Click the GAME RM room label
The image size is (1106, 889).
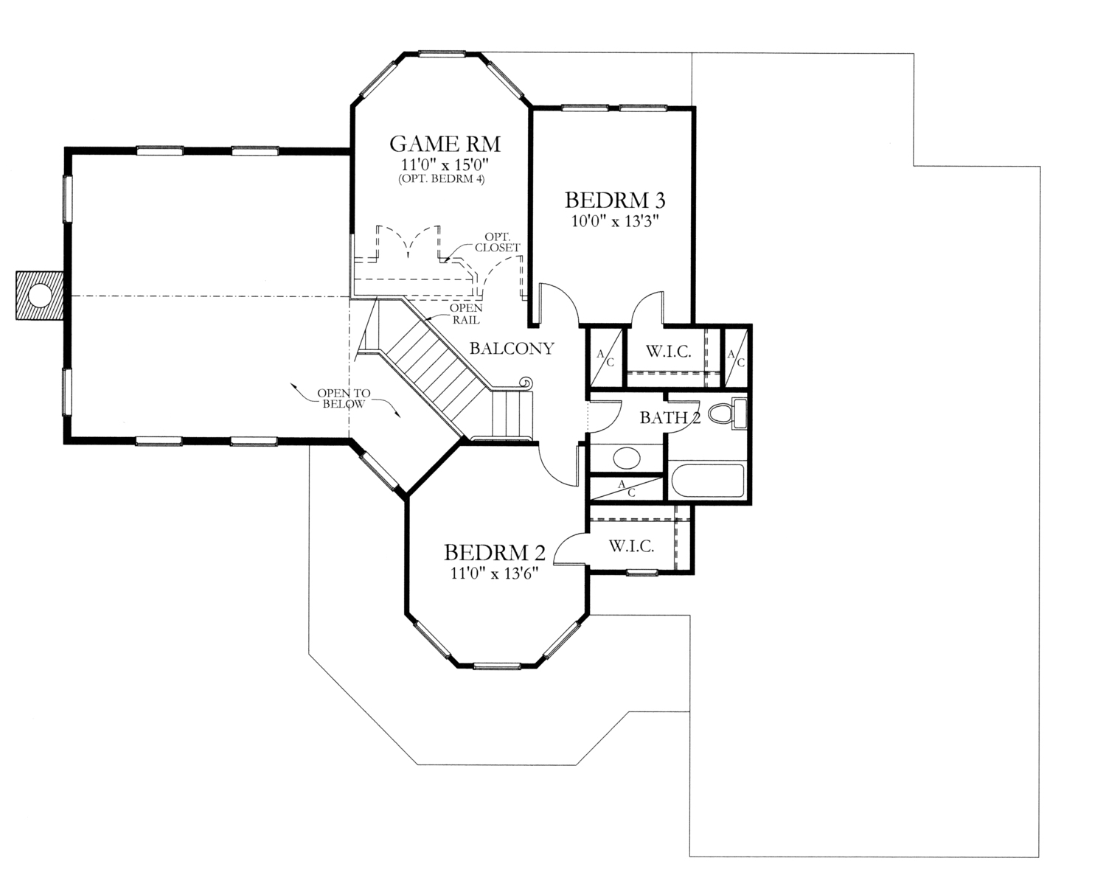[439, 142]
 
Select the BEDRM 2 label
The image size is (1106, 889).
[494, 552]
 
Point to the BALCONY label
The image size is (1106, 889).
[512, 348]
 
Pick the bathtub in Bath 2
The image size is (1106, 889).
[706, 481]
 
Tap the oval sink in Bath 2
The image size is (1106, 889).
[626, 458]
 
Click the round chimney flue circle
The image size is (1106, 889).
[40, 296]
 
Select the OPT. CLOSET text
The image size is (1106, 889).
[498, 243]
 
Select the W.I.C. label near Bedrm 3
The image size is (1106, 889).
[669, 352]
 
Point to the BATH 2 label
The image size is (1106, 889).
[669, 418]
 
